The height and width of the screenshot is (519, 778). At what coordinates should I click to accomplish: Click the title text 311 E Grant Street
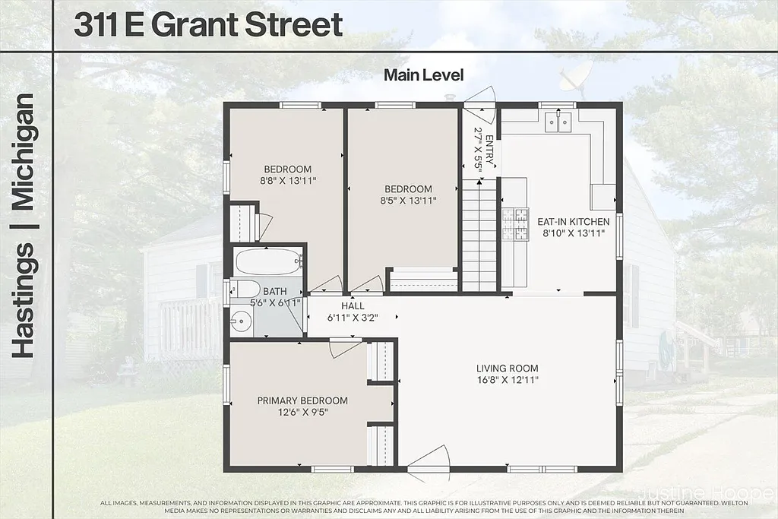pyautogui.click(x=209, y=25)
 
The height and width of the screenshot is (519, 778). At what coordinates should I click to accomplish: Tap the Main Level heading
pyautogui.click(x=423, y=74)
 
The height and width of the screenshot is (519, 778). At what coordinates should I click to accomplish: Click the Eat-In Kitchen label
pyautogui.click(x=573, y=222)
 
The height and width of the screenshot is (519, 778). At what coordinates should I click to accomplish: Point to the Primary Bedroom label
pyautogui.click(x=302, y=401)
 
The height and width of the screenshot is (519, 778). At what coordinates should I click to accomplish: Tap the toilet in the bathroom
pyautogui.click(x=245, y=290)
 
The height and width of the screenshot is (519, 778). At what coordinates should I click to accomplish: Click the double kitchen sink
pyautogui.click(x=558, y=122)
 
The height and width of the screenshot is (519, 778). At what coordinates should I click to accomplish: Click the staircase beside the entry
pyautogui.click(x=479, y=236)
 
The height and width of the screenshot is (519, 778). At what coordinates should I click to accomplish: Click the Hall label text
pyautogui.click(x=353, y=306)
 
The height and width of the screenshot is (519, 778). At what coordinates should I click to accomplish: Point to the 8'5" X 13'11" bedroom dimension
pyautogui.click(x=408, y=201)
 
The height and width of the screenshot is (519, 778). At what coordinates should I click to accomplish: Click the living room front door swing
pyautogui.click(x=430, y=459)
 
